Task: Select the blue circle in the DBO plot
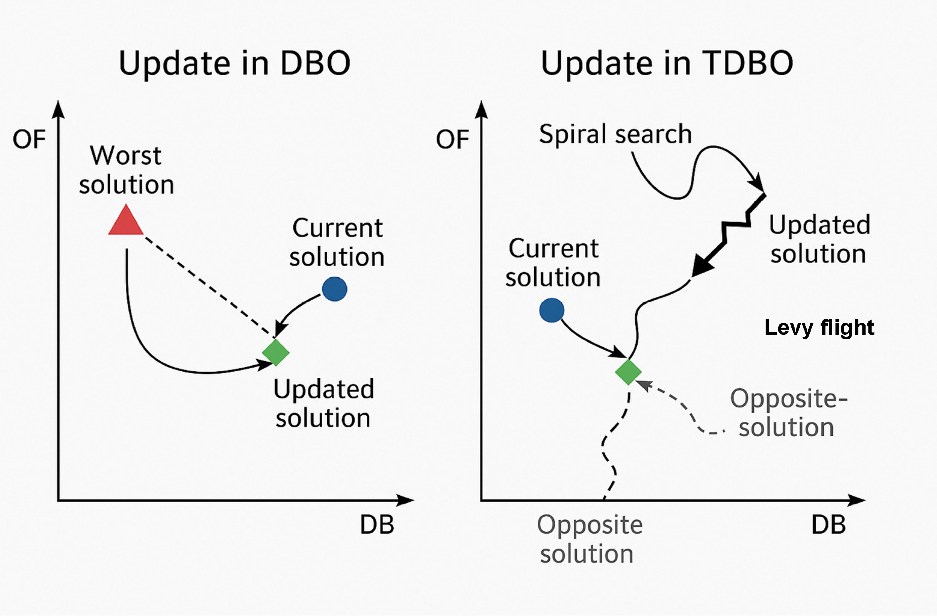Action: [335, 289]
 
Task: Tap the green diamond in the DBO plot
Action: [276, 353]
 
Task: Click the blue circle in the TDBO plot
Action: [552, 310]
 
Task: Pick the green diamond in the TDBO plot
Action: [628, 372]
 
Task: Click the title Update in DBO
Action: [235, 63]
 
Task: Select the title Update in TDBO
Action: [667, 63]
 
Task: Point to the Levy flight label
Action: [819, 328]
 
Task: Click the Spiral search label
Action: [616, 134]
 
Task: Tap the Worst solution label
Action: [126, 170]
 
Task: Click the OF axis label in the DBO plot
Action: [29, 140]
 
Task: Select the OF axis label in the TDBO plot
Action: [453, 140]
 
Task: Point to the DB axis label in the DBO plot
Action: [377, 525]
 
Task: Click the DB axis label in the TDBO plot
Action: [829, 525]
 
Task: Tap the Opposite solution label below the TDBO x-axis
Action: [589, 539]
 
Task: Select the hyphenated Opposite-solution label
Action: [789, 413]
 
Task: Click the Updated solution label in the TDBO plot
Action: [819, 239]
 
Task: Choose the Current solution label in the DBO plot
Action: [337, 242]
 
